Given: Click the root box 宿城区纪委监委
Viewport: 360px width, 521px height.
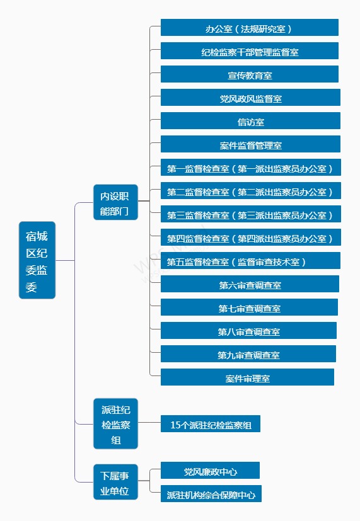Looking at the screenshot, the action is coord(37,260).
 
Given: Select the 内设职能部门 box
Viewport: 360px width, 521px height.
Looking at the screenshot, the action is coord(115,202).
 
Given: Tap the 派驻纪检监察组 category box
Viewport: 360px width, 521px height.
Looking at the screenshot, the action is coord(115,423).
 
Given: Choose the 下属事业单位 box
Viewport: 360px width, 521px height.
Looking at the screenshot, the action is coord(115,482).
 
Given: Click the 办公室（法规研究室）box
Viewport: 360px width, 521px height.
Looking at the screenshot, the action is coord(249,27).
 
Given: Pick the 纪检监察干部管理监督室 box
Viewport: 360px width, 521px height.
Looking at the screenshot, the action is coord(249,50).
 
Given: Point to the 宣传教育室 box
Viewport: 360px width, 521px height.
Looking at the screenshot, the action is coord(249,74).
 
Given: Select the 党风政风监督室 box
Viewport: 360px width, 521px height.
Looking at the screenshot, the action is coord(250,97).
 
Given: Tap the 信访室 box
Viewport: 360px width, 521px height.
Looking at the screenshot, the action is coord(250,120).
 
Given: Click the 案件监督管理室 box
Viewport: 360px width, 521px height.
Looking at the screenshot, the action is coord(250,144).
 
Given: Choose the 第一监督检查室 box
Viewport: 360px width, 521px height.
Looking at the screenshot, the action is coord(251,167).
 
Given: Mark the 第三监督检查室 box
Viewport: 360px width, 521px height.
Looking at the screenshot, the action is coord(251,214).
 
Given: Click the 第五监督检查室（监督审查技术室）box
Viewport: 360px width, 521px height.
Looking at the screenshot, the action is coord(250,260).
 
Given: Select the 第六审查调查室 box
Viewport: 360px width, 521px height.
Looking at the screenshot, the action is coord(250,283).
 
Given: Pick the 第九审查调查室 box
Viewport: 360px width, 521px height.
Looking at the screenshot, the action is coord(248,353).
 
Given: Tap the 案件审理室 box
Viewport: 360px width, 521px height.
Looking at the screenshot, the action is coord(247,377).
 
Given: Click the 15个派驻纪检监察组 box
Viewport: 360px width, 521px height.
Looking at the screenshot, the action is coord(211,423).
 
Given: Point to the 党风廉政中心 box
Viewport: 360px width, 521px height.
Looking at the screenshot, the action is coord(210,470).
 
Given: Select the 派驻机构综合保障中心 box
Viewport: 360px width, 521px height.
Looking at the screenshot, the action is coord(211,493).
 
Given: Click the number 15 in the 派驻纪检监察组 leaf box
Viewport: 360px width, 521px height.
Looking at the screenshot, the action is coord(175,425).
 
